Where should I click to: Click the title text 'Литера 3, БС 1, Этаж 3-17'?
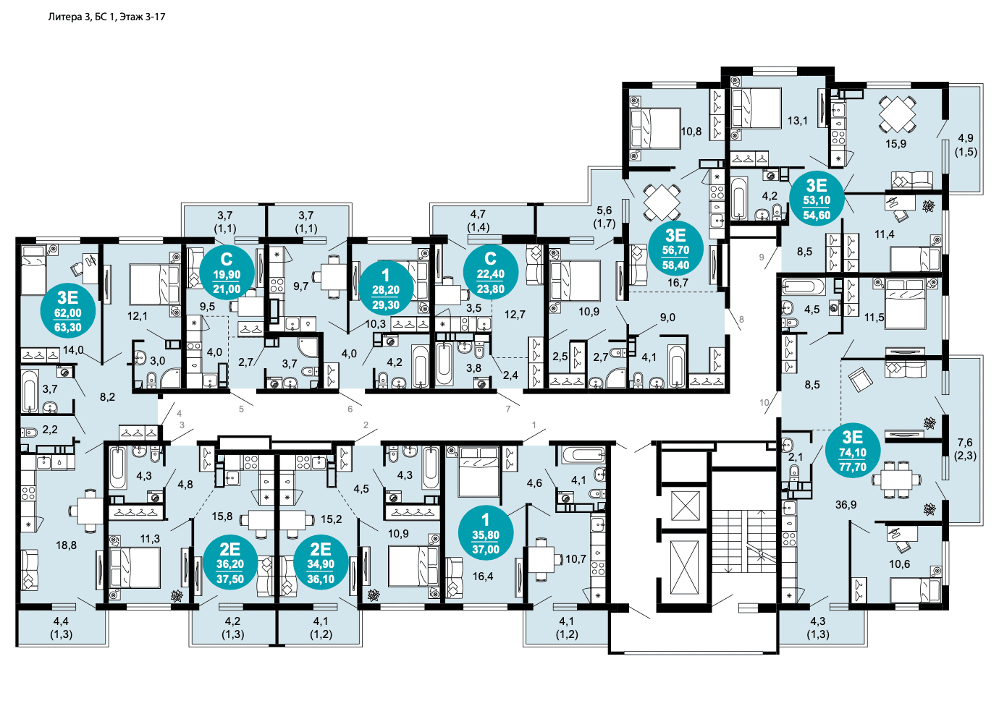[x=106, y=17]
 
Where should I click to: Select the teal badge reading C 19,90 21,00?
[x=227, y=273]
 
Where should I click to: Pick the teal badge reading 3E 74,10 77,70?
[x=853, y=450]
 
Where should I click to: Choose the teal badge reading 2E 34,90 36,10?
[x=321, y=562]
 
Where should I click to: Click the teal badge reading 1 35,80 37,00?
[x=486, y=533]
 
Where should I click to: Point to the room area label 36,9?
[x=846, y=505]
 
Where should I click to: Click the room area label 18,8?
[x=66, y=545]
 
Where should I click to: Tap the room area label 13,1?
[x=798, y=120]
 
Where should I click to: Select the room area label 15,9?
[x=895, y=144]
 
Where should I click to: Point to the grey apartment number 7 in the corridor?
[x=508, y=409]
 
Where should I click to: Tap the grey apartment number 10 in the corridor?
[x=764, y=402]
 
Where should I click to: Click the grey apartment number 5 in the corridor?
[x=241, y=409]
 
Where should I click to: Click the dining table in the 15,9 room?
[x=898, y=114]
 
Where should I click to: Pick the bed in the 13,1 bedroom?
[x=756, y=109]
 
